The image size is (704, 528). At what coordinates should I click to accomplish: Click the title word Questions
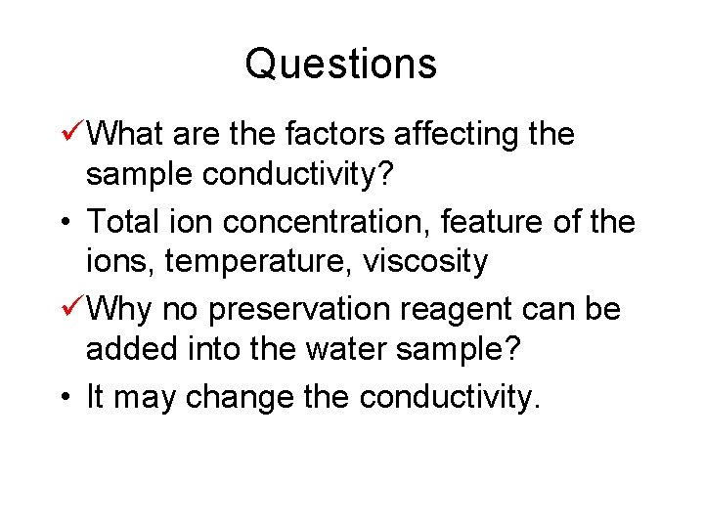point(340,65)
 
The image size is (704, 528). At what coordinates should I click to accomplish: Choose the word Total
point(121,222)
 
